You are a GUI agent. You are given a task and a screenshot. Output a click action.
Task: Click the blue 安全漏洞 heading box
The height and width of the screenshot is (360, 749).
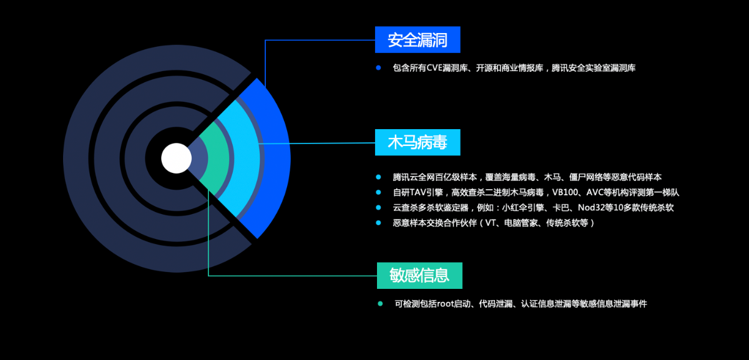pos(418,40)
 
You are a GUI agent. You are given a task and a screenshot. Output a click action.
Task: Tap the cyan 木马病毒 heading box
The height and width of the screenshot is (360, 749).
pos(418,142)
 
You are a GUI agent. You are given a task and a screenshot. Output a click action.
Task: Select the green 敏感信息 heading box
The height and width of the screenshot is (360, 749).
pos(419,275)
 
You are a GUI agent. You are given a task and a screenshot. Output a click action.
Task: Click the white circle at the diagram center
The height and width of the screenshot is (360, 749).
pos(177,158)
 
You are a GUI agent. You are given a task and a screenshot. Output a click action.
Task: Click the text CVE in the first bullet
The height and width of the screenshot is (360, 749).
pos(434,68)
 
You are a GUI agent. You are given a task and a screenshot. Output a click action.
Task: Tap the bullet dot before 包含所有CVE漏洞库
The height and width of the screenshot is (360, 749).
pos(378,68)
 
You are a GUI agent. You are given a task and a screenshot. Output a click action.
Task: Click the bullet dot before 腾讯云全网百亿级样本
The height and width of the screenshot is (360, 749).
pos(378,177)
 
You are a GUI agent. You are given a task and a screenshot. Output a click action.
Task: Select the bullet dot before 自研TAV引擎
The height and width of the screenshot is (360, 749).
pos(378,192)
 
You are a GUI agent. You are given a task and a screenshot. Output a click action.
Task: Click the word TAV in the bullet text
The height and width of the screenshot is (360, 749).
pos(418,193)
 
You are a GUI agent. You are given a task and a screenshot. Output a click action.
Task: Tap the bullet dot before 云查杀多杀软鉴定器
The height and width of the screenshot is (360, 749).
pos(378,208)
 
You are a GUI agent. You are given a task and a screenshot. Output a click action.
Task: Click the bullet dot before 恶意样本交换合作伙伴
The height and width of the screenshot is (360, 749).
pos(378,223)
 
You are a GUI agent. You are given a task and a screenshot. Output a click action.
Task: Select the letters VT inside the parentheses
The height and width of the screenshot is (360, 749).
pos(491,223)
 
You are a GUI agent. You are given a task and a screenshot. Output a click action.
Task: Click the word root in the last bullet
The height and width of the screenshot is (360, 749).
pos(446,304)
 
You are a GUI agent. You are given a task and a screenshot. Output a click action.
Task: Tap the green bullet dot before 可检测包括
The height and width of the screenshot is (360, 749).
pos(380,304)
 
